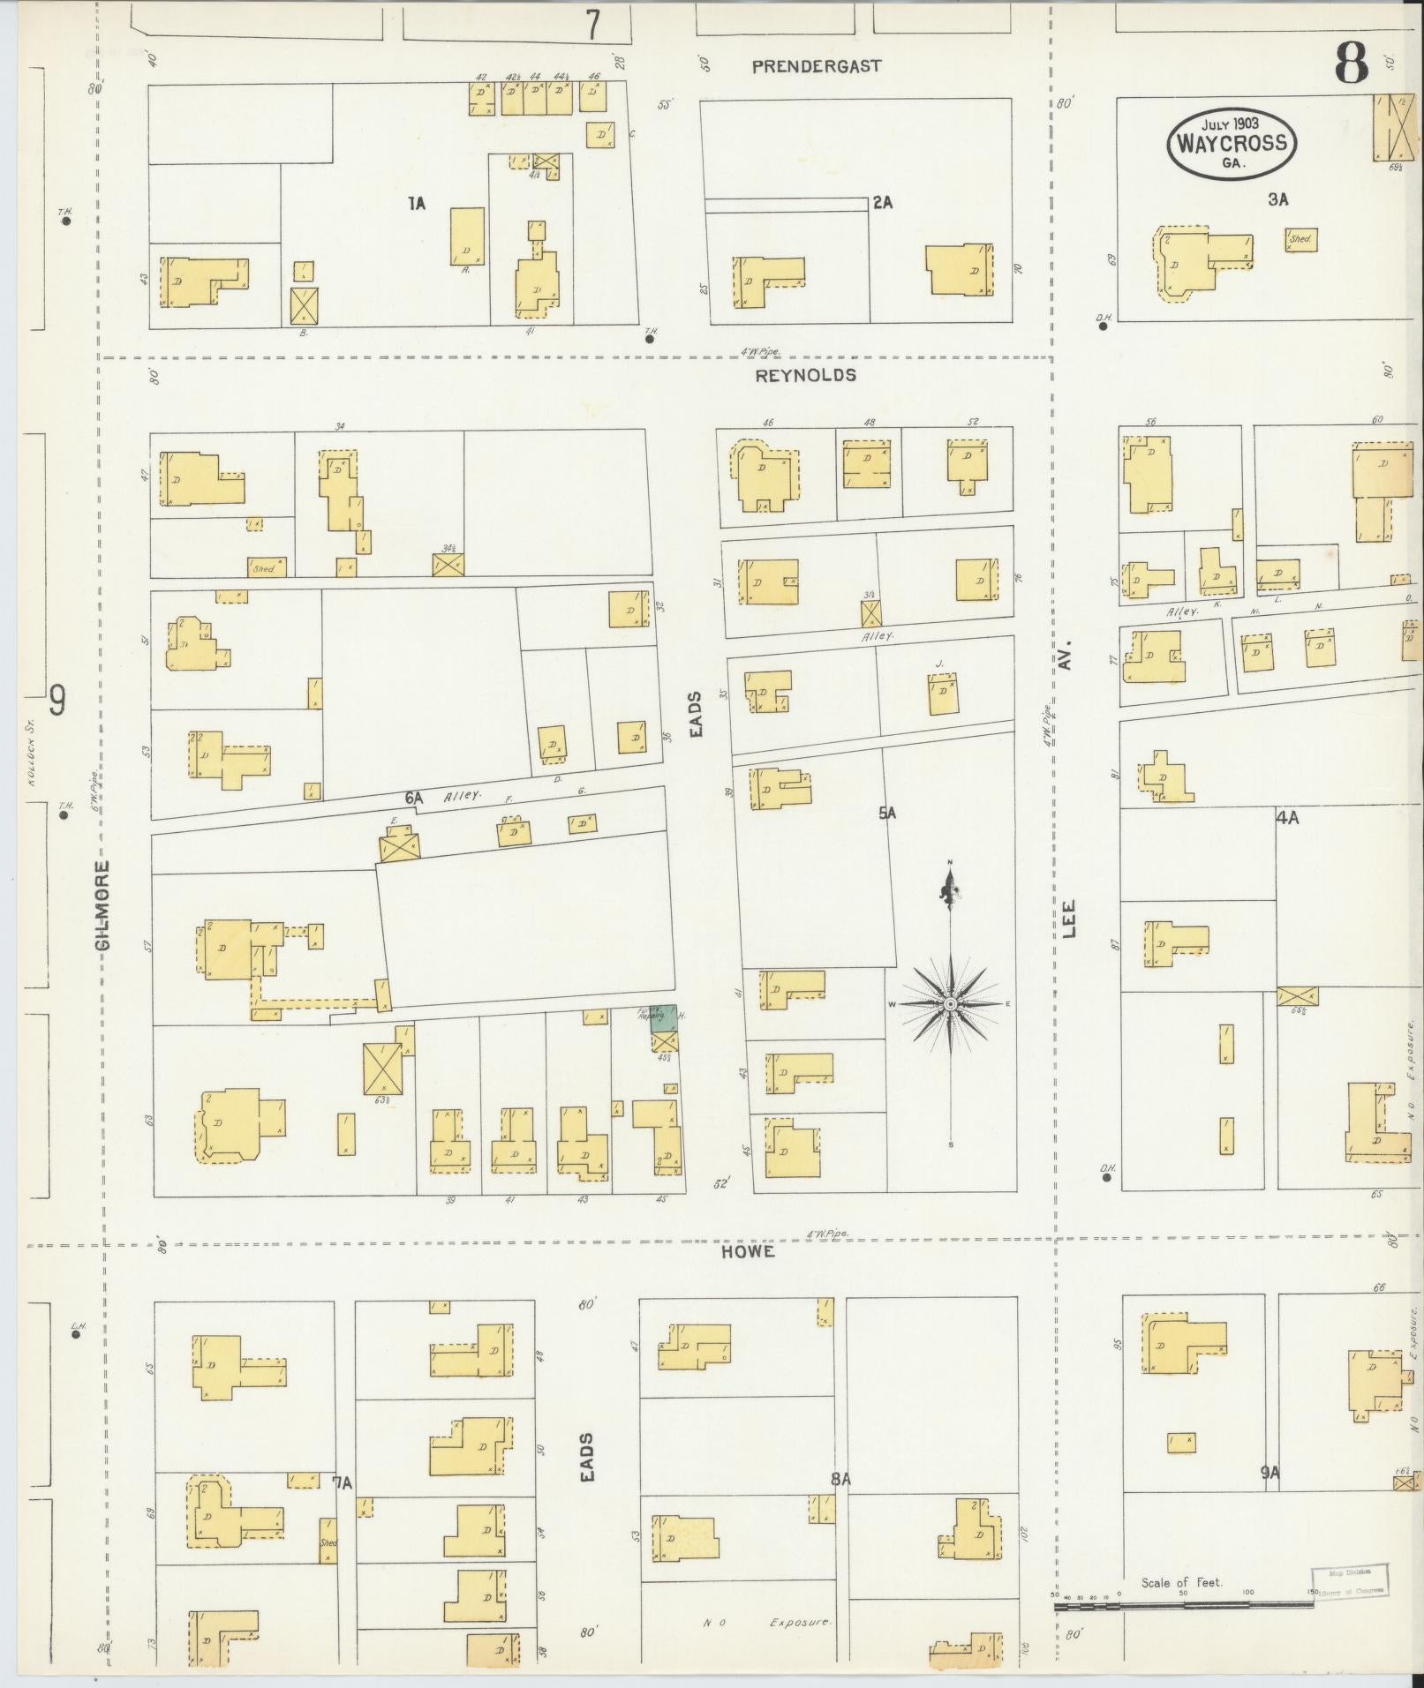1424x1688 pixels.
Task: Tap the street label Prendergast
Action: (817, 66)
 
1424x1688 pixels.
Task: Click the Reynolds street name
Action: (806, 375)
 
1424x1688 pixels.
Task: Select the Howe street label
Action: (747, 1252)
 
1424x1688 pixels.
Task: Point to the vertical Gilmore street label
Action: (105, 906)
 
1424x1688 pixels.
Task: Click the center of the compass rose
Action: (950, 1004)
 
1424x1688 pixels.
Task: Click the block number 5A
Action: (887, 814)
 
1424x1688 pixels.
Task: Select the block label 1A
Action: (417, 205)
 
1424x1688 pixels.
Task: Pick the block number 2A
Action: (882, 203)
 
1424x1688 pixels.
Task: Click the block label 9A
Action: (1270, 1472)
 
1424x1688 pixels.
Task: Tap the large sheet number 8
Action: (1350, 63)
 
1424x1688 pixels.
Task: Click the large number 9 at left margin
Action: (57, 701)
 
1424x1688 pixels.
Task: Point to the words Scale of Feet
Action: (1181, 1583)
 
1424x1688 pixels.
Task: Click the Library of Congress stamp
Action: (1348, 1579)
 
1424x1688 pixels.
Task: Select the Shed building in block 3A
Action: (1301, 239)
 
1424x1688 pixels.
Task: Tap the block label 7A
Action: (342, 1482)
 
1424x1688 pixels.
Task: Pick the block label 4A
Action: (1286, 818)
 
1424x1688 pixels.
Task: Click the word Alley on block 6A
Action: (463, 795)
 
